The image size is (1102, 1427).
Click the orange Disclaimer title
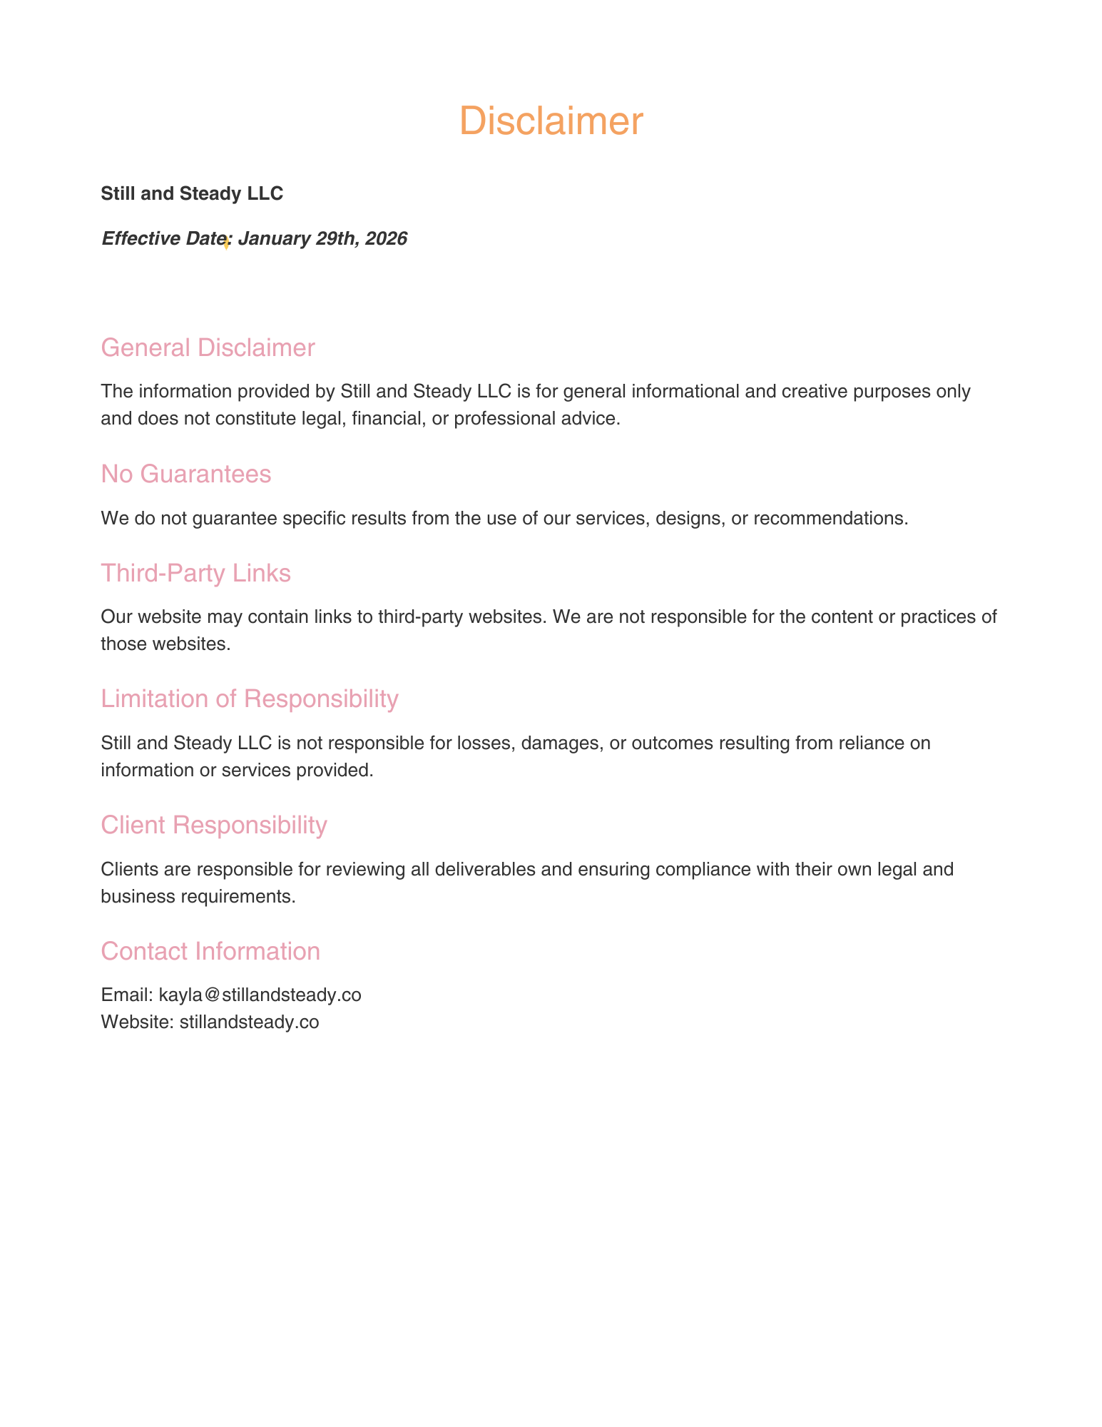[x=551, y=121]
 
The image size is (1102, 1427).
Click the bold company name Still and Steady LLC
[x=192, y=193]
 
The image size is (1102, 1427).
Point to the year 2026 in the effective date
[x=386, y=238]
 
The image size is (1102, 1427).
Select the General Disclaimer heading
[x=208, y=347]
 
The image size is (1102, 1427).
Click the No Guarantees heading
[x=185, y=474]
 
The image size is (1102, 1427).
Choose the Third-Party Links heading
[x=195, y=573]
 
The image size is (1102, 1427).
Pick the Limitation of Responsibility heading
[x=249, y=699]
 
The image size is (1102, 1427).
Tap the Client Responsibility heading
[x=213, y=825]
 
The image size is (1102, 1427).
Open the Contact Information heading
[x=210, y=951]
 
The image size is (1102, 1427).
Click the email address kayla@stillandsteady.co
[x=260, y=995]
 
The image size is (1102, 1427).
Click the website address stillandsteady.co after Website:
[x=249, y=1022]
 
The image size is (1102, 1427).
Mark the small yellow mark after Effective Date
[x=226, y=243]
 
